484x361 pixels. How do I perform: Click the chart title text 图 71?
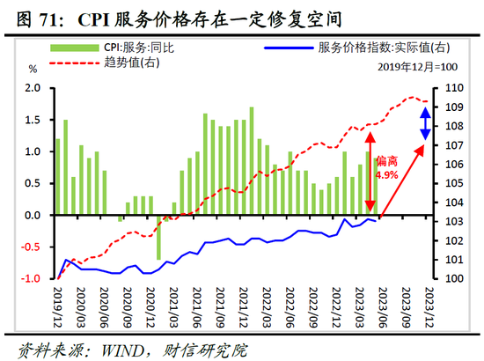coord(35,17)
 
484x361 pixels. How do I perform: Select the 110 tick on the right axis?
coord(454,88)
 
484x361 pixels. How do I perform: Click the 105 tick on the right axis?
coord(454,183)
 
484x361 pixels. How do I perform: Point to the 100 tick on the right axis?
coord(454,279)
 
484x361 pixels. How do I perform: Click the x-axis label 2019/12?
coord(59,305)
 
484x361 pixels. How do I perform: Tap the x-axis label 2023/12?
coord(429,305)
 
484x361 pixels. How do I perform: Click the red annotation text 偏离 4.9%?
coord(387,168)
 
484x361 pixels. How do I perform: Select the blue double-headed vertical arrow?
coord(425,122)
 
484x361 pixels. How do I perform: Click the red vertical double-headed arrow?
coord(370,172)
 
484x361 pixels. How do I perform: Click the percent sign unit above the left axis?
coord(33,68)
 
